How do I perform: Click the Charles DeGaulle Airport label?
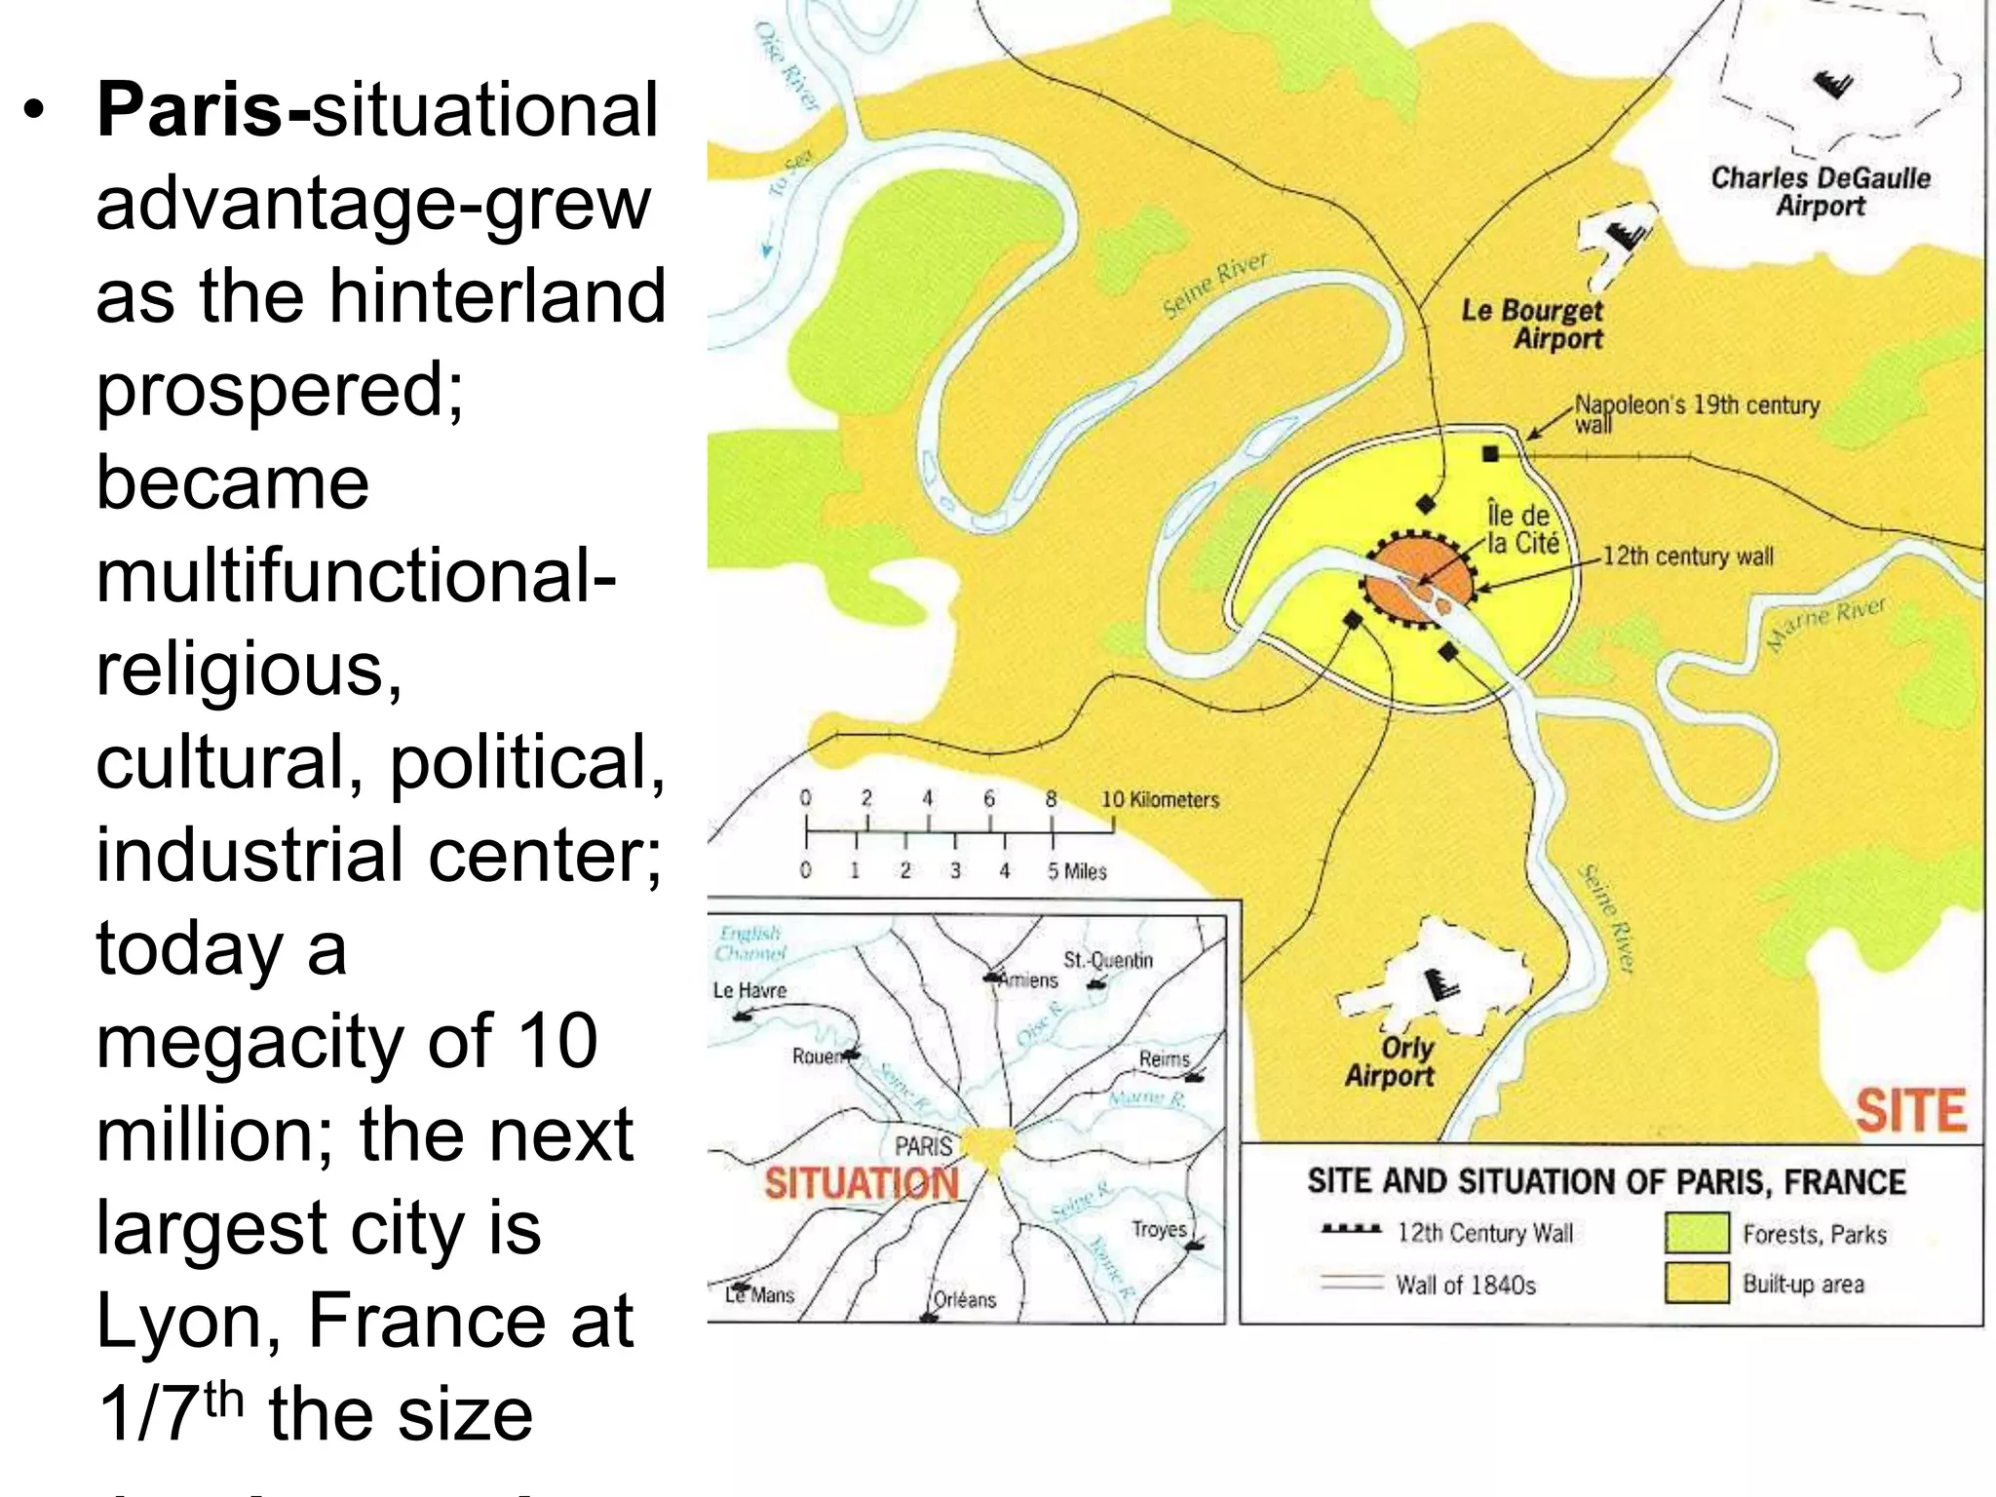coord(1820,192)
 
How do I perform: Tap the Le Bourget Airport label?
coord(1533,325)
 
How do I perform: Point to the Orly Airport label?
coord(1392,1061)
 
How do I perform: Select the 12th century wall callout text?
coord(1687,557)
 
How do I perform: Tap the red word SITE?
coord(1910,1111)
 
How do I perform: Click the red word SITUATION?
coord(862,1183)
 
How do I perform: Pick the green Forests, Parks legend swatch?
coord(1697,1233)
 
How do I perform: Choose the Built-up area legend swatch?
coord(1697,1284)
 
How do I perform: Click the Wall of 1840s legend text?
coord(1465,1286)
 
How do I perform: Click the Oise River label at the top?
coord(787,65)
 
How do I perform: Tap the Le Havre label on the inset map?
coord(749,990)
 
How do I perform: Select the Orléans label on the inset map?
coord(965,1299)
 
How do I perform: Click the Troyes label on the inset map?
coord(1159,1230)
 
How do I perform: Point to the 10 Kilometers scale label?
coord(1160,800)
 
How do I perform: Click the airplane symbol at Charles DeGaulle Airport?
coord(1833,86)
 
